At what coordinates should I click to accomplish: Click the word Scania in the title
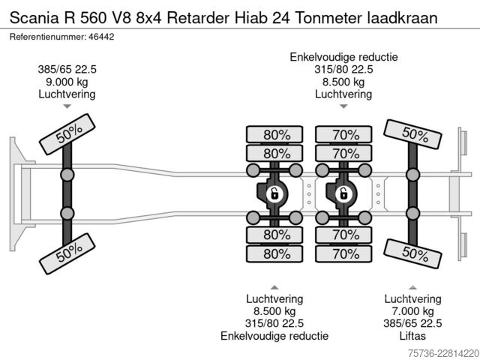tap(34, 18)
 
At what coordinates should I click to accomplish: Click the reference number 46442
tap(101, 37)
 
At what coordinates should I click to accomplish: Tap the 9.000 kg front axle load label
tap(67, 82)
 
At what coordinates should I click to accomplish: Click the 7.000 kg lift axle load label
tap(412, 311)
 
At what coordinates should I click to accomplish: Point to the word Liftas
tap(412, 336)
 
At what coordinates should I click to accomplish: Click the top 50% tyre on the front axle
tap(67, 134)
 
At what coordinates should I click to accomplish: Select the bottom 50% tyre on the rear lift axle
tap(412, 253)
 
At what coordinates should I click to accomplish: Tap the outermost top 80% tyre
tap(274, 134)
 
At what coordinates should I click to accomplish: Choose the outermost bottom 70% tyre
tap(343, 253)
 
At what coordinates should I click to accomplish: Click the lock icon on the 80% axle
tap(274, 194)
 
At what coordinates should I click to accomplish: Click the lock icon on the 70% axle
tap(343, 194)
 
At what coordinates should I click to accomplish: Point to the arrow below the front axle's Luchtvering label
tap(67, 106)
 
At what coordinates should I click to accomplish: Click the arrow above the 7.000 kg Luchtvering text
tap(412, 287)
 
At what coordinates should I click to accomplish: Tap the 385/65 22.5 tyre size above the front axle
tap(67, 70)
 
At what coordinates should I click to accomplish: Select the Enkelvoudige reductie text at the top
tap(343, 57)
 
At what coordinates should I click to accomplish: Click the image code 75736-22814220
tap(443, 353)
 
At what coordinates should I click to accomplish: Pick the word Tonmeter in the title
tap(328, 18)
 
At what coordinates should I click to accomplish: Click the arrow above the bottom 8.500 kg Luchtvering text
tap(274, 287)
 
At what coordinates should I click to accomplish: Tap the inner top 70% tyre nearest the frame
tap(343, 153)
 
